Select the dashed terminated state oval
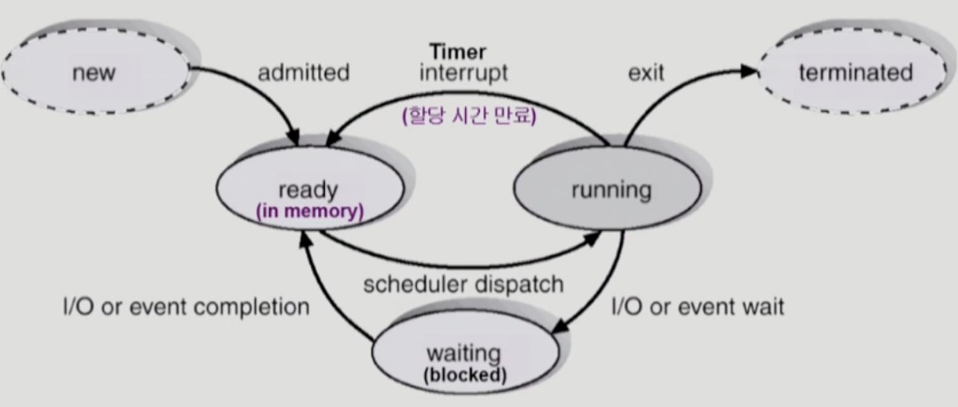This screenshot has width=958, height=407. (x=855, y=73)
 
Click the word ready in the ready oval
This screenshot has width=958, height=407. (x=309, y=190)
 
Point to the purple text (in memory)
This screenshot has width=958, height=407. (x=309, y=211)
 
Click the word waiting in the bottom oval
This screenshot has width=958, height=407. (x=464, y=355)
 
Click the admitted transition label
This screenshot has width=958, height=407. (x=303, y=73)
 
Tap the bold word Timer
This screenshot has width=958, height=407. (x=457, y=52)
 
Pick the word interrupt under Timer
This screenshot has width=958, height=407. (x=464, y=73)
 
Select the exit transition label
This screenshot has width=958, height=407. (x=646, y=73)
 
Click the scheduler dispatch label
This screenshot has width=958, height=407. (x=463, y=284)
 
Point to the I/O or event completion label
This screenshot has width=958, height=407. (x=186, y=306)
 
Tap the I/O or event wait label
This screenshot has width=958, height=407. (x=698, y=306)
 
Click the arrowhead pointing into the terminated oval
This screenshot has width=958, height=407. (x=749, y=72)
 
